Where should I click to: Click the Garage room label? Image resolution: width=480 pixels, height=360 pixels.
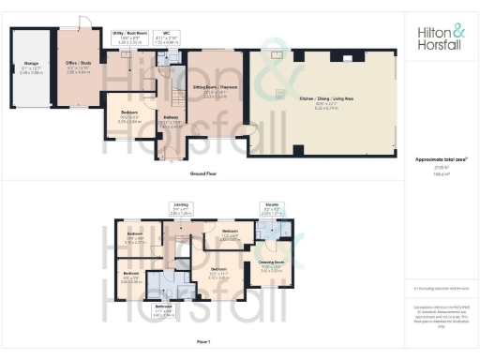(31, 67)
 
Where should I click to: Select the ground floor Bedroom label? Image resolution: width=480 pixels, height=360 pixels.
(121, 118)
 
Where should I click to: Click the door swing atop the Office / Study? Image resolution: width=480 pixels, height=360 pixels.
(84, 23)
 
